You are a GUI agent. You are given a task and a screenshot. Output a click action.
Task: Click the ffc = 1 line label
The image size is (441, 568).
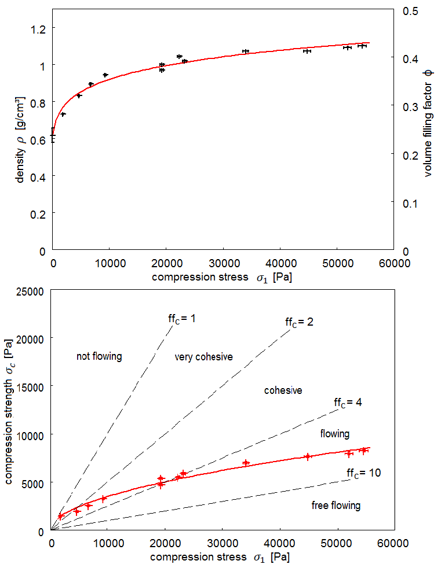pyautogui.click(x=182, y=319)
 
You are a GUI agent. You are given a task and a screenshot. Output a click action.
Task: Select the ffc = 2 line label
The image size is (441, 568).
pyautogui.click(x=299, y=322)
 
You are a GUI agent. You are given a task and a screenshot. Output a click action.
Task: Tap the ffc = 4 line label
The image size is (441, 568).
pyautogui.click(x=348, y=403)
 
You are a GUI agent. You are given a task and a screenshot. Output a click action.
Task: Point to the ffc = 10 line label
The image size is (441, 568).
pyautogui.click(x=364, y=473)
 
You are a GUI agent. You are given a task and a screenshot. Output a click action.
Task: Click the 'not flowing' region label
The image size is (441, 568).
pyautogui.click(x=99, y=356)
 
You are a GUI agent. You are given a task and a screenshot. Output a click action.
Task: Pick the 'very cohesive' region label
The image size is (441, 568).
pyautogui.click(x=203, y=357)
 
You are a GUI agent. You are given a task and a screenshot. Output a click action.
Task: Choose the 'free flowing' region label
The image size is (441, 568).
pyautogui.click(x=336, y=506)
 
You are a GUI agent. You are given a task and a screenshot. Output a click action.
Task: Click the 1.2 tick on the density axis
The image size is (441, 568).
pyautogui.click(x=38, y=29)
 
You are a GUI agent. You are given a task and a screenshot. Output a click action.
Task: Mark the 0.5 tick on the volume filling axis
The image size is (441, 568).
pyautogui.click(x=410, y=11)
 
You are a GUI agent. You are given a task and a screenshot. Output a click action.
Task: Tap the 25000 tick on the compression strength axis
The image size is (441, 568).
pyautogui.click(x=30, y=292)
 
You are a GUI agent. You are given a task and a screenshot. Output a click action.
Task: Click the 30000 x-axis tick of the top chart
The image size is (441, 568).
pyautogui.click(x=224, y=263)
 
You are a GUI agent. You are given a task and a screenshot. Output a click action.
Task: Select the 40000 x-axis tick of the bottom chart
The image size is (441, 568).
pyautogui.click(x=280, y=543)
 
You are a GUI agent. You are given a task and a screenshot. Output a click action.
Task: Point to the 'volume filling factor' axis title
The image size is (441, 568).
pyautogui.click(x=429, y=123)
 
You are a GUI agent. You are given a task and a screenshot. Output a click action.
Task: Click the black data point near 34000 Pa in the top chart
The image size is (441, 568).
pyautogui.click(x=246, y=51)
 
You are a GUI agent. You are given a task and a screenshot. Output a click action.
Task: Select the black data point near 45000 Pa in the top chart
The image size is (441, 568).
pyautogui.click(x=308, y=51)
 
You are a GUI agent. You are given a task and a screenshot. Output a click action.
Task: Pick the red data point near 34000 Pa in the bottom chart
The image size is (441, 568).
pyautogui.click(x=246, y=463)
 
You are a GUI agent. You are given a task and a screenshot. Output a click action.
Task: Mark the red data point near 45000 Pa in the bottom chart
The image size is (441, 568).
pyautogui.click(x=308, y=456)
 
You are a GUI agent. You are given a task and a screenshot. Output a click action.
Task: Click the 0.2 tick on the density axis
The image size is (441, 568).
pyautogui.click(x=38, y=214)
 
